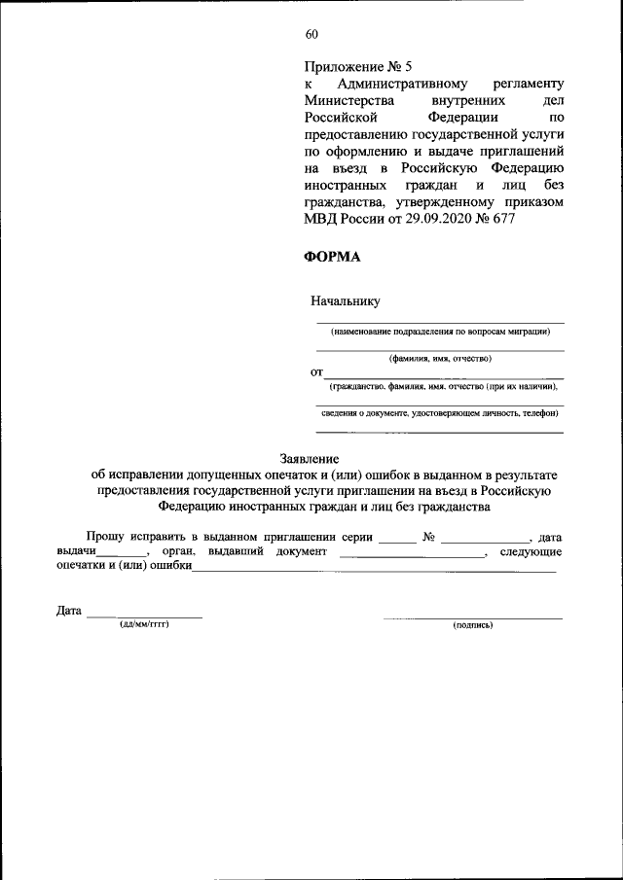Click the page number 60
pos(311,35)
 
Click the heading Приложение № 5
pos(358,67)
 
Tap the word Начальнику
pos(345,301)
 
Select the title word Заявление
pos(310,457)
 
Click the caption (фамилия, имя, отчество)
pos(440,359)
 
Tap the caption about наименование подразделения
pos(440,331)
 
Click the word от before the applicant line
pos(315,372)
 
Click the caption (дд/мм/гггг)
pos(144,624)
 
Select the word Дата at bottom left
pos(68,611)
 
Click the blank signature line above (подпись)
pos(473,616)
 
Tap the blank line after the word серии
pos(396,538)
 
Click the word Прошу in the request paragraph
pos(104,536)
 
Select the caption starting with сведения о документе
pos(440,413)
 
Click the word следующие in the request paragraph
pos(531,552)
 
